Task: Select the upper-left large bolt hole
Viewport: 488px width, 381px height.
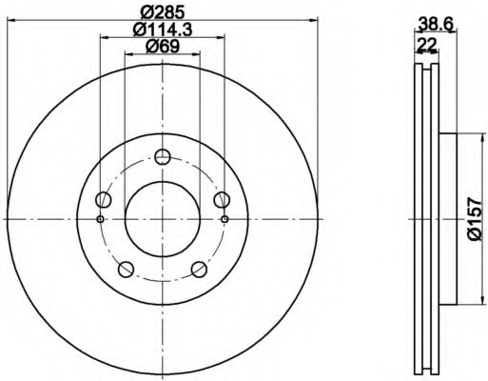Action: coord(104,199)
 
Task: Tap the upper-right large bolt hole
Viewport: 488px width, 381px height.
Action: coord(222,199)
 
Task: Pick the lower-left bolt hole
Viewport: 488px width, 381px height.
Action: coord(127,269)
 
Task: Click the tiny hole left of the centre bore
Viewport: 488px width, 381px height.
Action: coord(101,219)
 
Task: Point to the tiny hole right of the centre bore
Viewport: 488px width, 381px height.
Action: coord(224,219)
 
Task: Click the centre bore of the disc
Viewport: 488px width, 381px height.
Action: coord(163,219)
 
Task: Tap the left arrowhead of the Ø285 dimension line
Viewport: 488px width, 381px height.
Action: coord(10,21)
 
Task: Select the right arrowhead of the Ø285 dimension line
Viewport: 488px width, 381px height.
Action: coord(316,21)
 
